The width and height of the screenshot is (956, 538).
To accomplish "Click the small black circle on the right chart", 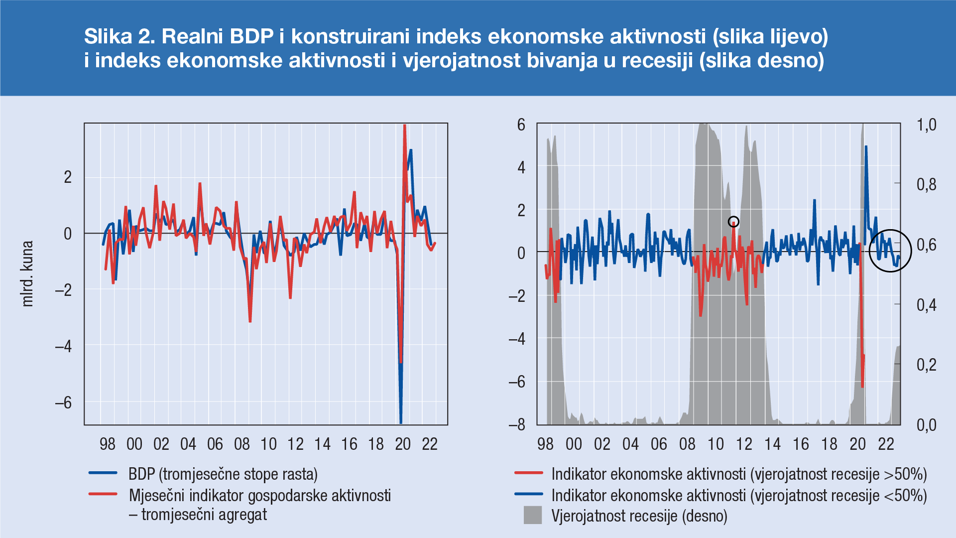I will click(733, 222).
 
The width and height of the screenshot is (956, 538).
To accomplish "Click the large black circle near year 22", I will click(890, 251).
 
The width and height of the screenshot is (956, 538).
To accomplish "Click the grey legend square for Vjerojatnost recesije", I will click(532, 515).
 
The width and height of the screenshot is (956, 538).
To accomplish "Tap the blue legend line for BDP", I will click(103, 473).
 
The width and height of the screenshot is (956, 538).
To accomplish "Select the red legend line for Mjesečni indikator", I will click(103, 495).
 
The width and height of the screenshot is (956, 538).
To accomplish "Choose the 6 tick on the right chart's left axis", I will click(521, 125).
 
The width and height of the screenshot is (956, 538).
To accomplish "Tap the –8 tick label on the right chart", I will click(517, 424).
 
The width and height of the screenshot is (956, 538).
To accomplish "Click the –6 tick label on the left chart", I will click(63, 403).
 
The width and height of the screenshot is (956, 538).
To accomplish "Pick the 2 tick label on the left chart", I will click(68, 177).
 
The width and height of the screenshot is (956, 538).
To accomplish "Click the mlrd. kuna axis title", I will click(27, 273).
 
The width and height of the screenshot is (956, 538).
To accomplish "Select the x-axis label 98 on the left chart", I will click(108, 444).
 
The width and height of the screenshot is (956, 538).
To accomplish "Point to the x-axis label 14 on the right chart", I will click(773, 444).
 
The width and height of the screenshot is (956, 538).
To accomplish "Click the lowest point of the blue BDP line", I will click(401, 422).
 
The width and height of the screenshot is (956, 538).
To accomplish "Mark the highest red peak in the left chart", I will click(404, 126).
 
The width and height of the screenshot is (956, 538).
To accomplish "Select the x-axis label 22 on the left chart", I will click(430, 444).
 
